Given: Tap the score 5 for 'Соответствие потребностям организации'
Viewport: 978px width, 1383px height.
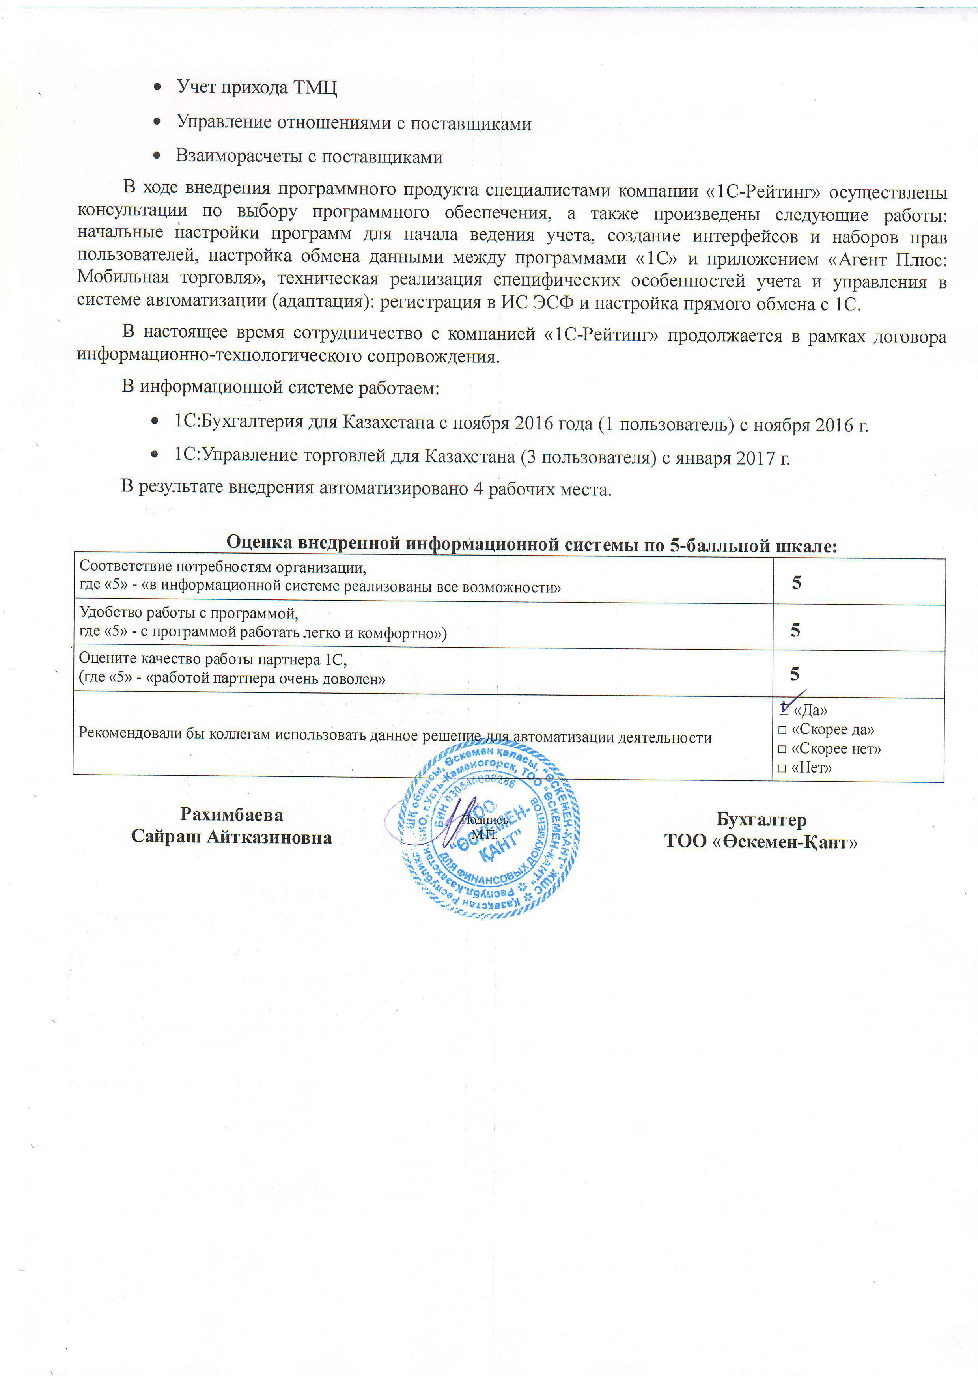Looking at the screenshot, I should [x=796, y=582].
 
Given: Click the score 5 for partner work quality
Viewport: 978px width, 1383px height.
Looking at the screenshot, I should [x=795, y=674].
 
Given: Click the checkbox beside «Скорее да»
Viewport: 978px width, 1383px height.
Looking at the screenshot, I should [x=782, y=731].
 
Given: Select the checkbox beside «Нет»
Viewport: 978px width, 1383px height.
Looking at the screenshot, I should [x=782, y=769].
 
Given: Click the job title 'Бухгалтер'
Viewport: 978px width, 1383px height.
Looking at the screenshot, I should [x=761, y=820].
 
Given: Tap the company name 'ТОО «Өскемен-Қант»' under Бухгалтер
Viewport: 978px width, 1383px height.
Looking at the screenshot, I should [x=761, y=842].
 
